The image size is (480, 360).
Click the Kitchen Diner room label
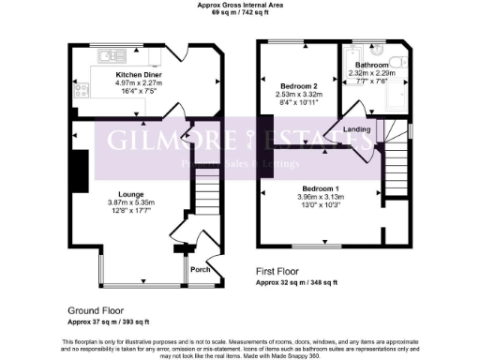pyautogui.click(x=134, y=74)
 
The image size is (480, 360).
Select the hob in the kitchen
pyautogui.click(x=82, y=91)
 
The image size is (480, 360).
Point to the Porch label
pyautogui.click(x=201, y=270)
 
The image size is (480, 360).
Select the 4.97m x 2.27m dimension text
pyautogui.click(x=134, y=82)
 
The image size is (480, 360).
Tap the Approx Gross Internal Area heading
pyautogui.click(x=239, y=5)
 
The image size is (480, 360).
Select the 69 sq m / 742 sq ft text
pyautogui.click(x=239, y=12)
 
